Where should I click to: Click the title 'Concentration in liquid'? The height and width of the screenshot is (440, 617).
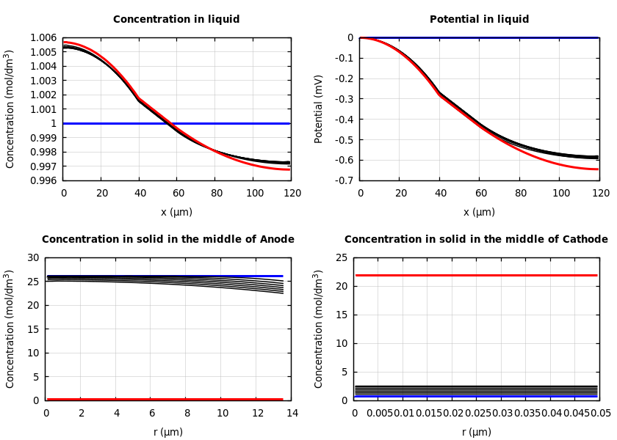click(x=176, y=20)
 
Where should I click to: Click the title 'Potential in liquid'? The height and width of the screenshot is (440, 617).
click(x=479, y=20)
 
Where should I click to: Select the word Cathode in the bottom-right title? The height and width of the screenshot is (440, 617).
click(x=586, y=240)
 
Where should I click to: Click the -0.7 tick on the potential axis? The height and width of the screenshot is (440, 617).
click(x=343, y=180)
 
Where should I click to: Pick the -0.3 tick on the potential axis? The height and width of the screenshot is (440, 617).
click(x=343, y=99)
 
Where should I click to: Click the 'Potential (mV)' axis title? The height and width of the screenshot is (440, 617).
click(x=319, y=109)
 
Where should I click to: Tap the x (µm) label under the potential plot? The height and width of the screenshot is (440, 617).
click(x=479, y=213)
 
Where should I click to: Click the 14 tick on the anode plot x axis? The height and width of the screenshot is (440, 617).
click(x=292, y=414)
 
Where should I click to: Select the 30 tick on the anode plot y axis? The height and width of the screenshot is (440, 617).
click(x=32, y=258)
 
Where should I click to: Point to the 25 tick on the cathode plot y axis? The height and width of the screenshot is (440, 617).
click(x=341, y=258)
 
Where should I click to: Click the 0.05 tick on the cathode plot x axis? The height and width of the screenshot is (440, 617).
click(x=601, y=414)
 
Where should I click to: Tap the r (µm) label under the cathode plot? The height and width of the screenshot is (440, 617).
click(x=477, y=433)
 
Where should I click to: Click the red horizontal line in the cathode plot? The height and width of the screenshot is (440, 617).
click(x=477, y=276)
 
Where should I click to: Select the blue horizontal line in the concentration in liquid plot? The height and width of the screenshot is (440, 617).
click(x=176, y=123)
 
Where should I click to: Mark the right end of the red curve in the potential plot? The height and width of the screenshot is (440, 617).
click(x=597, y=169)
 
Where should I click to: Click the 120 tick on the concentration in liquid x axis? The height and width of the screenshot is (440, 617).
click(x=292, y=193)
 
